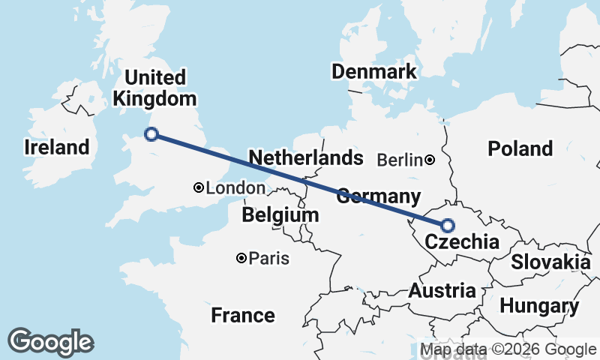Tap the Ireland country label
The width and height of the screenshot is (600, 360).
click(57, 147)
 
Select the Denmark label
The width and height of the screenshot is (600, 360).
click(373, 72)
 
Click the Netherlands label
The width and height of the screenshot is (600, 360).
click(305, 158)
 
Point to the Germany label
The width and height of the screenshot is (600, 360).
click(377, 197)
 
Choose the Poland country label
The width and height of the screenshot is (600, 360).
click(520, 148)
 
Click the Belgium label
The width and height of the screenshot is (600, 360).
click(280, 215)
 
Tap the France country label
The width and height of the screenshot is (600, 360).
click(242, 314)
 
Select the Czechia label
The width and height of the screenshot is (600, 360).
click(461, 242)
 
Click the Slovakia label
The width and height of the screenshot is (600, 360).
click(550, 262)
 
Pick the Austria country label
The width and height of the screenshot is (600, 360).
click(442, 291)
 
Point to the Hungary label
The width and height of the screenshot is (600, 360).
click(539, 306)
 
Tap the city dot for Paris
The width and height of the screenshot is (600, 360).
click(241, 258)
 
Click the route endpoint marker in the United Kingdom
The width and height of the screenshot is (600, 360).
click(151, 134)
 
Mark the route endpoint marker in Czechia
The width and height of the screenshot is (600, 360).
click(448, 225)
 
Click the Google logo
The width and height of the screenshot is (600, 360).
click(50, 342)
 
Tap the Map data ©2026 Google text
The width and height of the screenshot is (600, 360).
click(508, 349)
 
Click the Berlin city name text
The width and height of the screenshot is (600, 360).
click(400, 160)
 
